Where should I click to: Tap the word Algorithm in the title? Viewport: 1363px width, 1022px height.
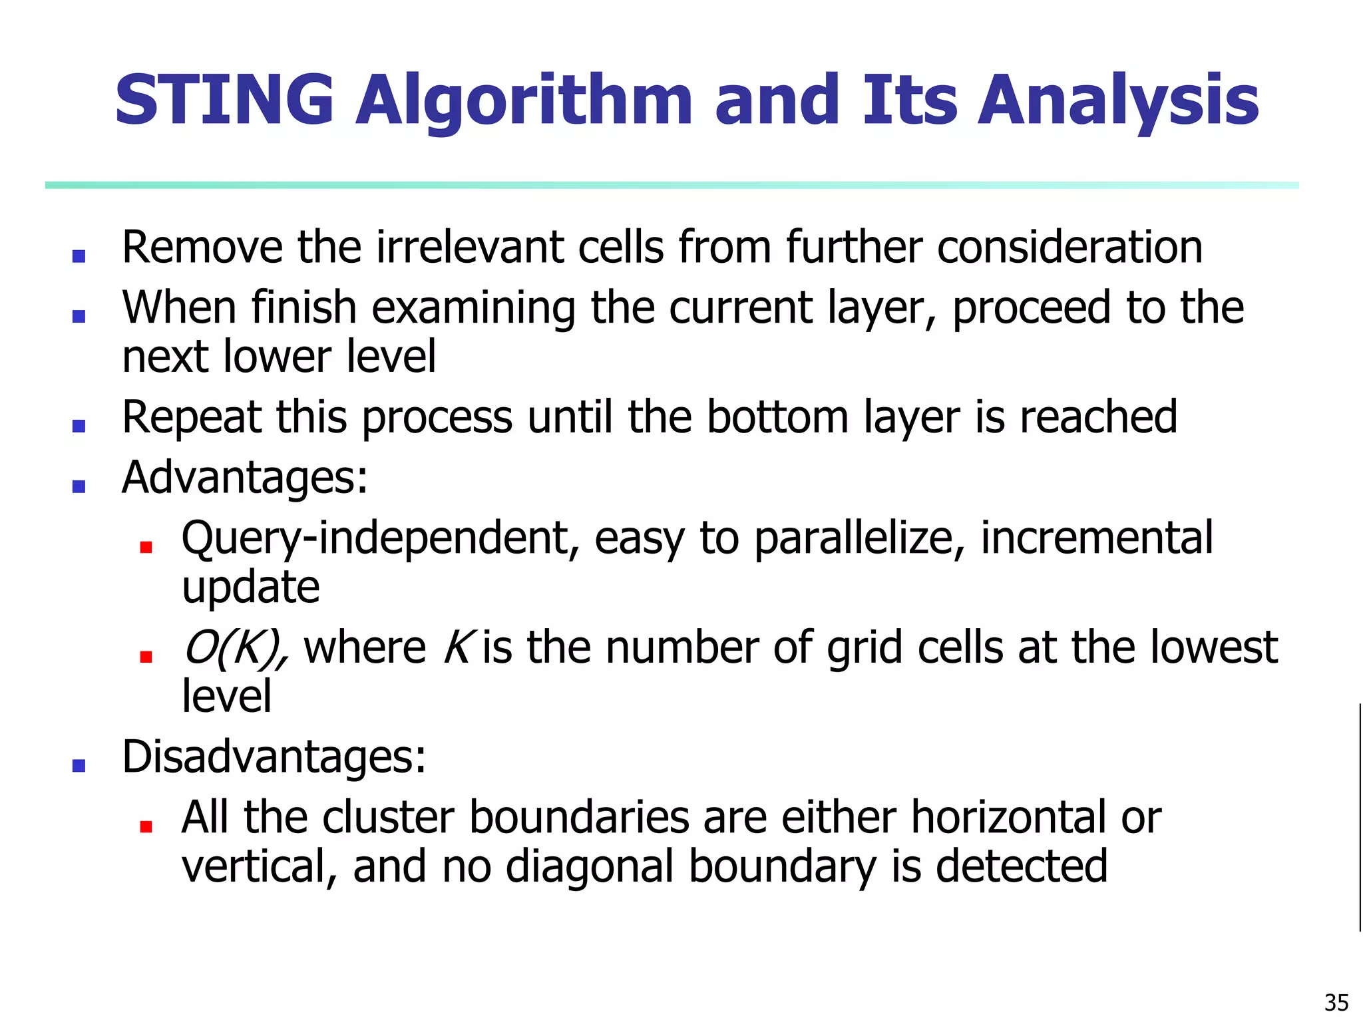[x=524, y=101]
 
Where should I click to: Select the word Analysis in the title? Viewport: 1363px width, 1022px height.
[x=1117, y=101]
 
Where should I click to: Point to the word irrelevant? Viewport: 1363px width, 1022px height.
[x=470, y=248]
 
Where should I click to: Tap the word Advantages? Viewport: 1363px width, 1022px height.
[x=244, y=478]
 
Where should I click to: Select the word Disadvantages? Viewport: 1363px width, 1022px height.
[x=274, y=757]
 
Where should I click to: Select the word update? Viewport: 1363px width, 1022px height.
[x=250, y=588]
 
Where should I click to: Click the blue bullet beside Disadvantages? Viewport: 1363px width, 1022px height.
[x=79, y=765]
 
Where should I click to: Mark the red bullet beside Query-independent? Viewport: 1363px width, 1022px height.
[x=146, y=547]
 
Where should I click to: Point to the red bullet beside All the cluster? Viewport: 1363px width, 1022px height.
[x=146, y=826]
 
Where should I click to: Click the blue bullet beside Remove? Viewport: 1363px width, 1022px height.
[x=79, y=256]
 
